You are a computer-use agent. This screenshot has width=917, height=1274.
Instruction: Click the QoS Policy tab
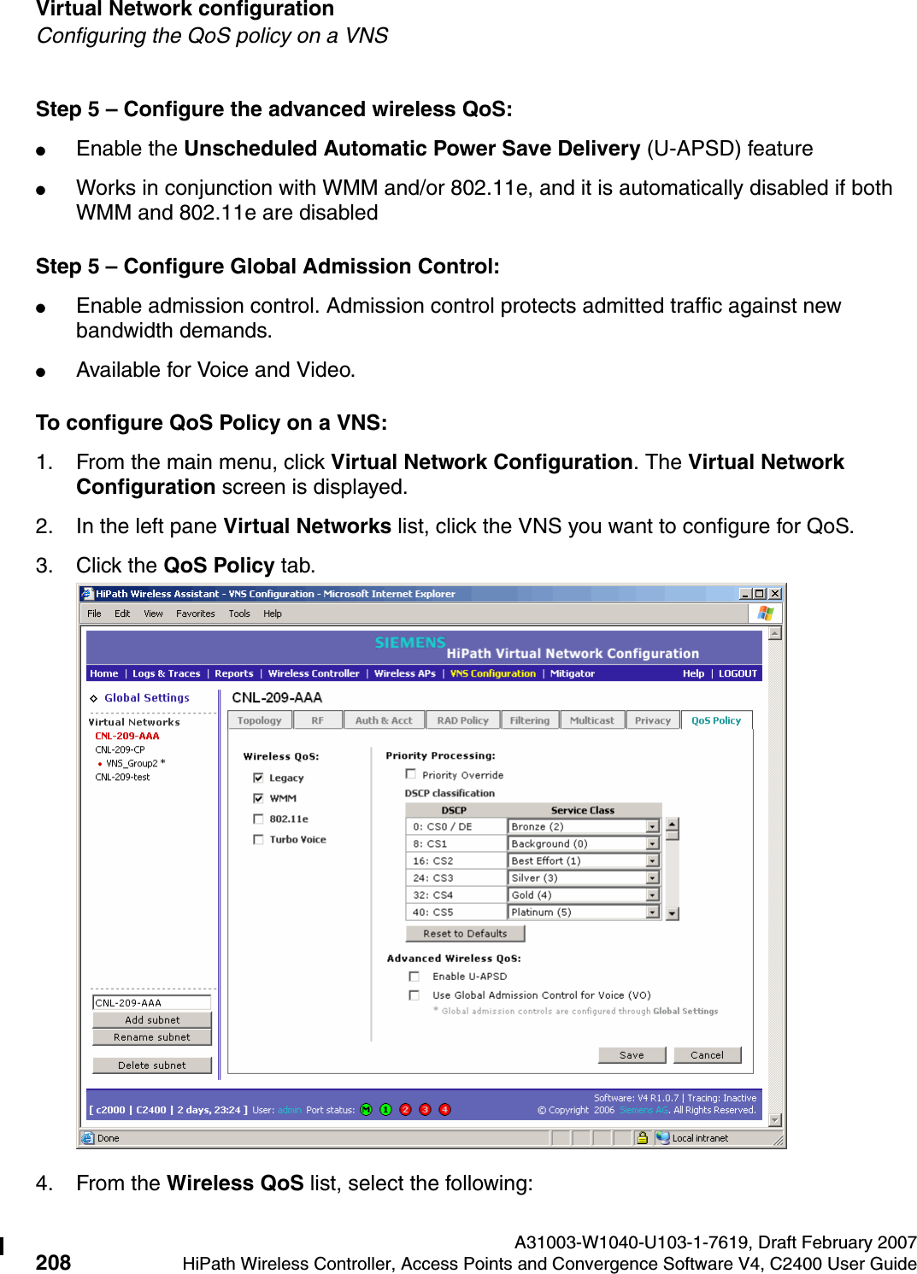tap(715, 720)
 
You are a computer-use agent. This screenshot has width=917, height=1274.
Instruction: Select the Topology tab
tap(259, 720)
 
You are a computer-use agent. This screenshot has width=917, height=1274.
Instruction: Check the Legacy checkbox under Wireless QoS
tap(258, 778)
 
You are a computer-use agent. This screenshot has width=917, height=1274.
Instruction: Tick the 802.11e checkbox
tap(258, 819)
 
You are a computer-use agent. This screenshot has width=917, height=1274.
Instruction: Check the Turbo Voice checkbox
tap(258, 839)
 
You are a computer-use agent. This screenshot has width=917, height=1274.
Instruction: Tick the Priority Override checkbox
tap(411, 774)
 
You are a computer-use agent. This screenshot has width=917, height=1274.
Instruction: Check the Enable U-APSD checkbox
tap(414, 976)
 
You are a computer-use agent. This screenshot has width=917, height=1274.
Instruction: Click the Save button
tap(632, 1055)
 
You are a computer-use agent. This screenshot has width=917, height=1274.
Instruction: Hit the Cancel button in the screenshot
tap(707, 1055)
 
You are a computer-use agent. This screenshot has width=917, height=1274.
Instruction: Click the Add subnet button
tap(152, 1019)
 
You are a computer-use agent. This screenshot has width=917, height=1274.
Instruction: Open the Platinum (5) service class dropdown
tap(652, 913)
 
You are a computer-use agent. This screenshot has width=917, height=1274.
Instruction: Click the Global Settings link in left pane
tap(146, 698)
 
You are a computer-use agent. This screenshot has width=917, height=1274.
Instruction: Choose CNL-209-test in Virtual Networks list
tap(122, 777)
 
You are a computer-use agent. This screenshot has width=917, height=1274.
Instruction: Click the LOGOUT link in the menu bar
tap(738, 673)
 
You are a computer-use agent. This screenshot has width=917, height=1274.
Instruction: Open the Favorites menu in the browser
tap(195, 614)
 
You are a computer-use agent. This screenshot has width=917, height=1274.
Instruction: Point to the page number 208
tap(53, 1262)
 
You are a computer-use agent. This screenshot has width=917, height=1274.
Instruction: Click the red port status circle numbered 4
tap(444, 1109)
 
